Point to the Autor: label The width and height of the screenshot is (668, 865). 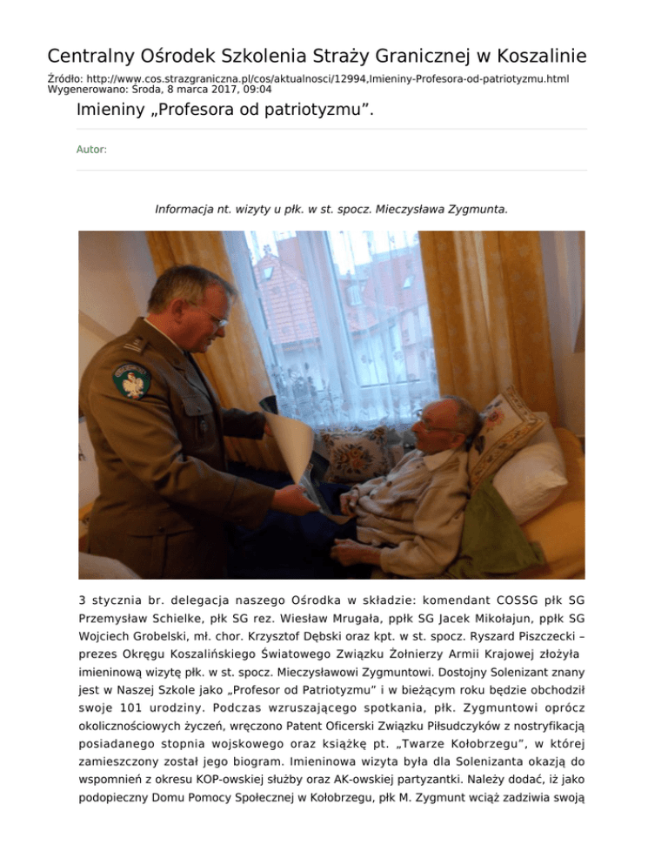coord(91,150)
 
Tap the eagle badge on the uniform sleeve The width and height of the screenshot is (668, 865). coord(131,379)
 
